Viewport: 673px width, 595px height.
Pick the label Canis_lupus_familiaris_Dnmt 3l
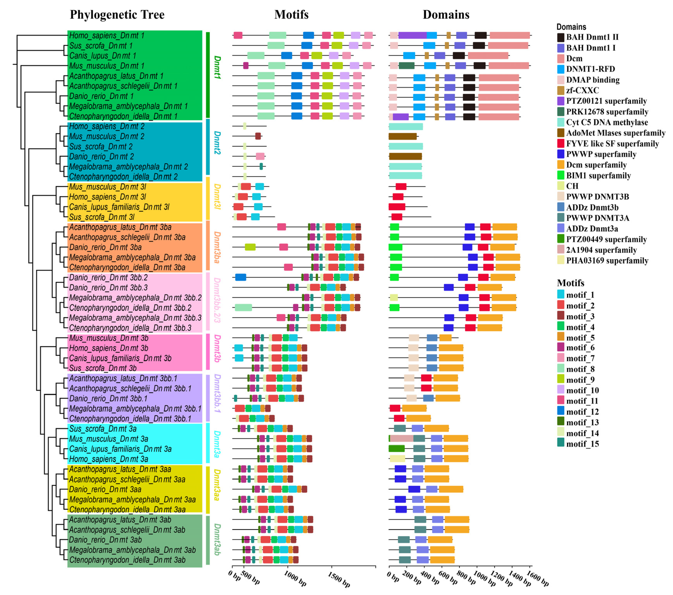[119, 207]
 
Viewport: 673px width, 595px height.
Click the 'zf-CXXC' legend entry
[582, 90]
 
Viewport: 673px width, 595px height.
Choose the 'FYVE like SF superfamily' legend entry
[612, 144]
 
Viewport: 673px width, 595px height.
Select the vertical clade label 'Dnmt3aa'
[217, 484]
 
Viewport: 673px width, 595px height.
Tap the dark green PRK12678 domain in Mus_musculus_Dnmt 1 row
[406, 65]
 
